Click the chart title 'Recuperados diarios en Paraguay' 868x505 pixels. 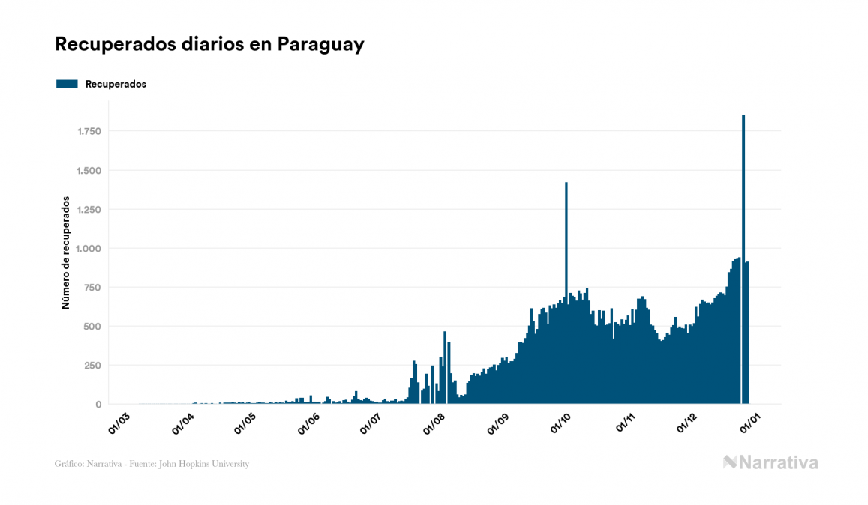pyautogui.click(x=209, y=44)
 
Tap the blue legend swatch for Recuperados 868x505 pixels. pyautogui.click(x=67, y=84)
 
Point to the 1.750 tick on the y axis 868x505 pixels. pyautogui.click(x=89, y=132)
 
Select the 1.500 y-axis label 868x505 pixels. pyautogui.click(x=89, y=171)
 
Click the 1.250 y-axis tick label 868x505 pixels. pyautogui.click(x=89, y=210)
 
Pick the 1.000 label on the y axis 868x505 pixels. pyautogui.click(x=89, y=249)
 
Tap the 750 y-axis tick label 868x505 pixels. pyautogui.click(x=93, y=288)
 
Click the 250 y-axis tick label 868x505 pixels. pyautogui.click(x=93, y=366)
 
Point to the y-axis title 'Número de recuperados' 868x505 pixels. pyautogui.click(x=65, y=252)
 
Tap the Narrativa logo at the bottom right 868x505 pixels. pyautogui.click(x=770, y=462)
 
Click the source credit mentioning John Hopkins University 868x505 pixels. pyautogui.click(x=152, y=464)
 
